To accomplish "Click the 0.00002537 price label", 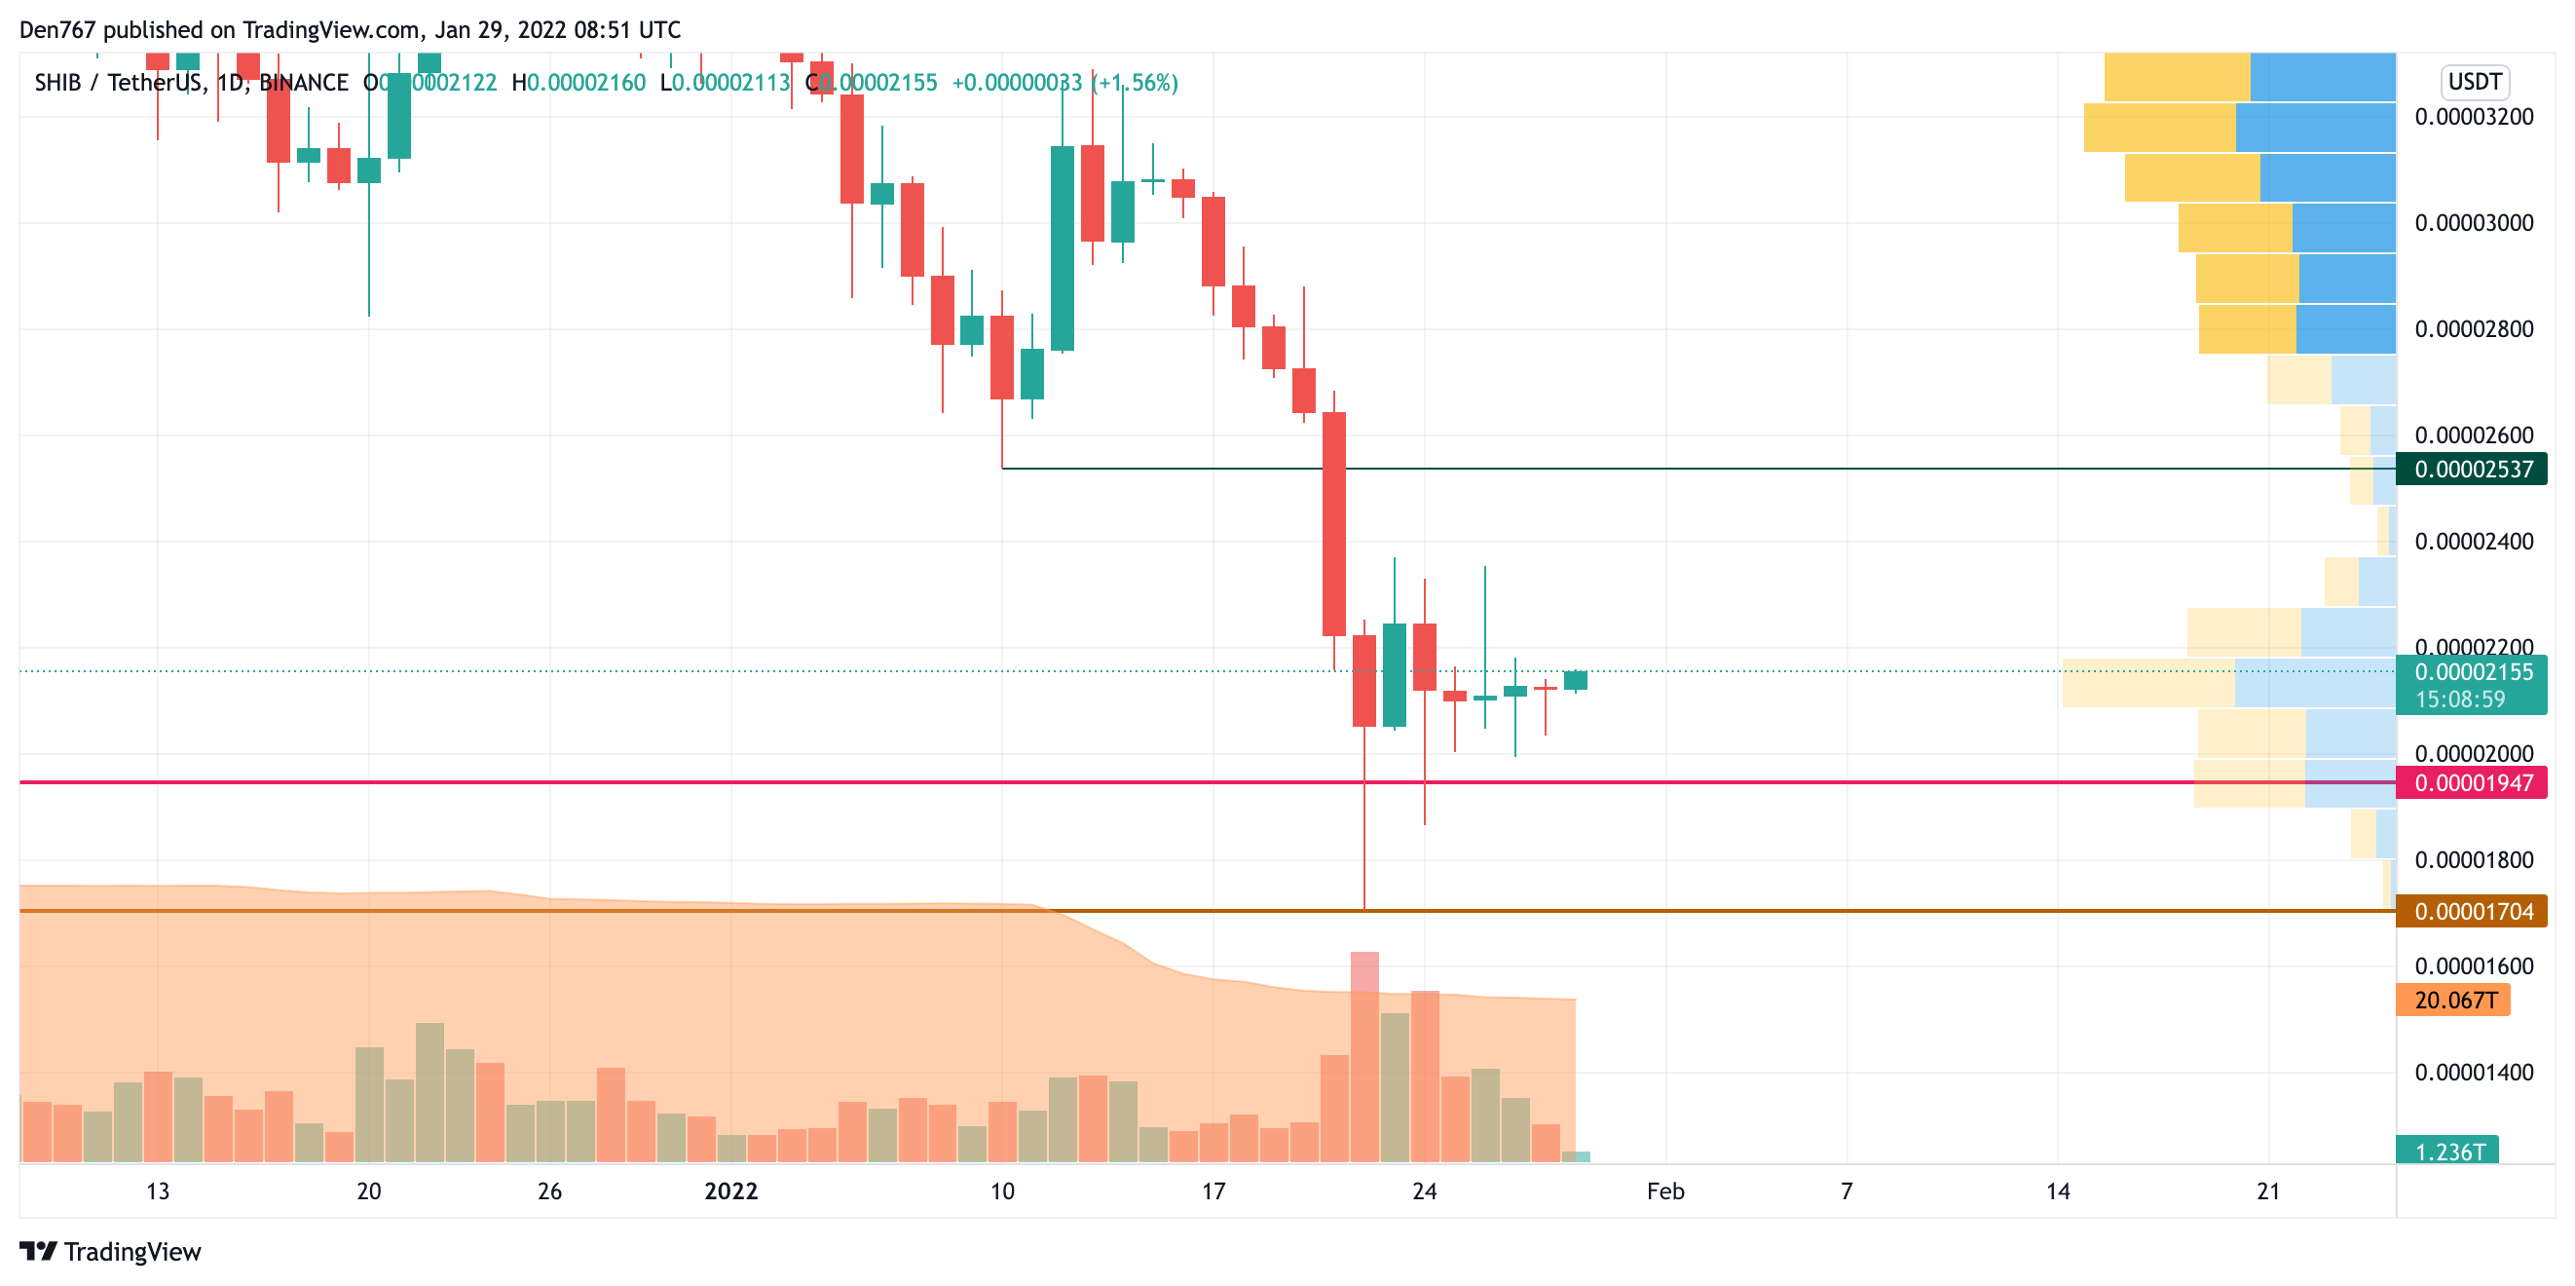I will pos(2472,469).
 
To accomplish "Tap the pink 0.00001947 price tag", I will pos(2472,782).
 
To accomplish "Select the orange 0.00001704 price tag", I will pos(2472,911).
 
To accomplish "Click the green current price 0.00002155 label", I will pos(2472,672).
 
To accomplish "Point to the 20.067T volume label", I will pos(2454,1000).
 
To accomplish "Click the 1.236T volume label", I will pos(2448,1151).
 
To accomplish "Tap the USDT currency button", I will pos(2474,81).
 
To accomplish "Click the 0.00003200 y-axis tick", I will pos(2473,117).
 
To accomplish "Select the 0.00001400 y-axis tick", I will pos(2473,1072).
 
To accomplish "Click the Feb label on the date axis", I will pos(1665,1191).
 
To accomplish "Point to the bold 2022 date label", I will pos(730,1191).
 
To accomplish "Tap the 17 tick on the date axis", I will pos(1213,1191).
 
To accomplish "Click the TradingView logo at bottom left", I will pos(111,1251).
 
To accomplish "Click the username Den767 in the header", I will pos(57,30).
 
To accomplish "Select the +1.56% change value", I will pos(1137,83).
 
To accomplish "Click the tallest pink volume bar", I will pos(1364,1056).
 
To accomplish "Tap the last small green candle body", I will pos(1576,680).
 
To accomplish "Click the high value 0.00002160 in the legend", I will pos(585,83).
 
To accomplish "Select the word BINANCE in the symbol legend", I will pos(304,83).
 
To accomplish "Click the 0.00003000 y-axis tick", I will pos(2473,223).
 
